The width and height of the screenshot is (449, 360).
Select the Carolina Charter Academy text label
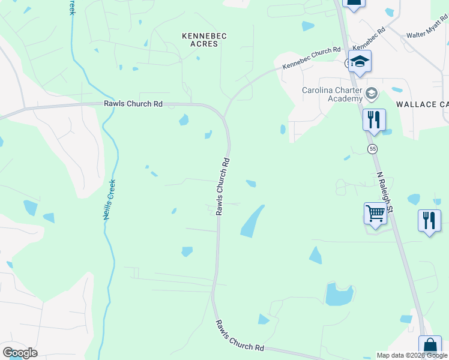point(332,95)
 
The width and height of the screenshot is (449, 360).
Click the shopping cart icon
point(375,212)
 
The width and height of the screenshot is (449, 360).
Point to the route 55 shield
point(373,148)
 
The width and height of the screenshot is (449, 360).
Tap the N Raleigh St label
point(385,193)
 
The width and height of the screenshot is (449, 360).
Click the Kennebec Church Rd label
point(312,59)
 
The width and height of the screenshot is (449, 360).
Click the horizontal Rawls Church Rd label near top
point(133,103)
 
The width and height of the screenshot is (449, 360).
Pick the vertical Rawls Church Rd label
point(223,187)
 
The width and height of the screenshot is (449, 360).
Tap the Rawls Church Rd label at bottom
point(240,336)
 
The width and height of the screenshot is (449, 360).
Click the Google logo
point(20,353)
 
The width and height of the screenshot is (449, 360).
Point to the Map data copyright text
point(412,355)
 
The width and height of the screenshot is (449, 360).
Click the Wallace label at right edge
point(423,104)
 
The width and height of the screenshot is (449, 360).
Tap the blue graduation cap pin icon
point(360,61)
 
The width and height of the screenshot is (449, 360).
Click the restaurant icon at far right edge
point(429,220)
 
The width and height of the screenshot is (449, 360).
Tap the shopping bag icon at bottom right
point(430,347)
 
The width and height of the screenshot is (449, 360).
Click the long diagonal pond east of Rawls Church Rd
point(252,221)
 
